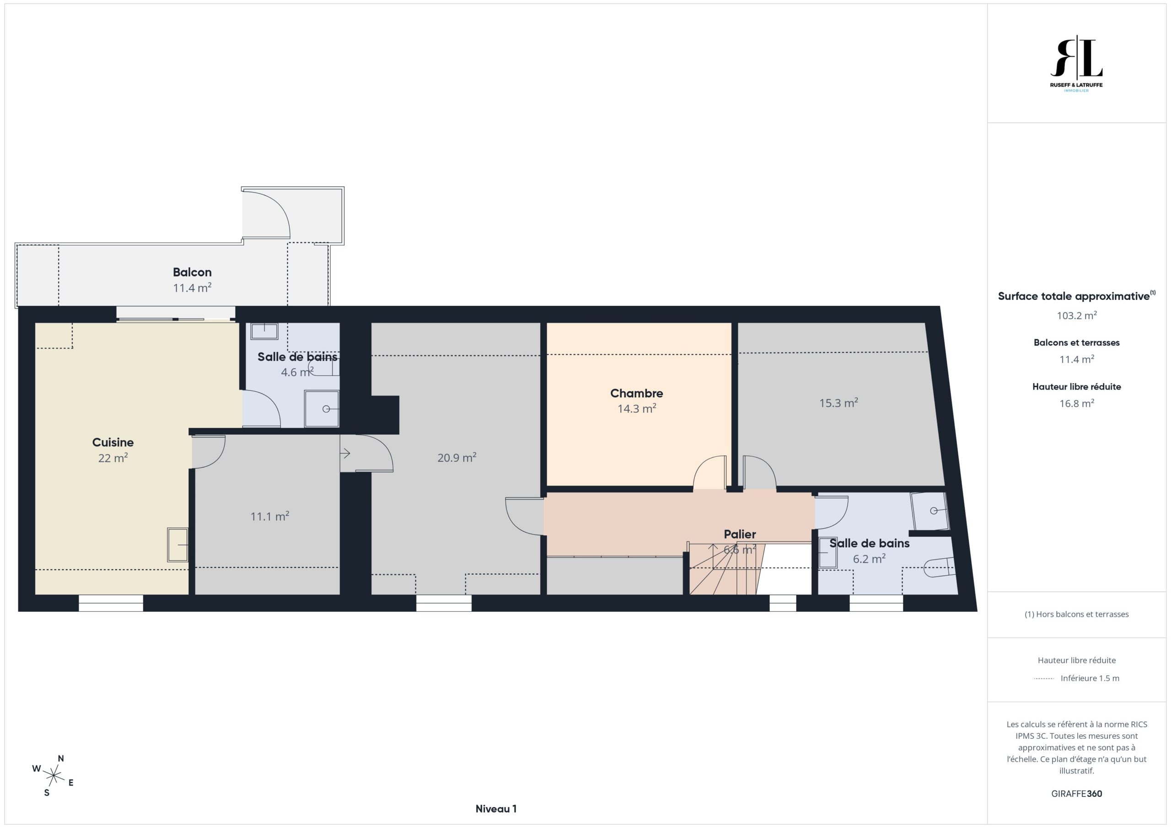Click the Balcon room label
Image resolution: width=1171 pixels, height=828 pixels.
192,272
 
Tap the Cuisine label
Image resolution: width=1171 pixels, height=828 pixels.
113,443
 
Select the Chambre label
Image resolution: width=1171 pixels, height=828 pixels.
636,393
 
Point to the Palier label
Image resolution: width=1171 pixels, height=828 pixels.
740,534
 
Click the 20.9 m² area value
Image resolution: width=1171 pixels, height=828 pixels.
457,457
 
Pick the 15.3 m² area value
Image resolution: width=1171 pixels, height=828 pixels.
838,403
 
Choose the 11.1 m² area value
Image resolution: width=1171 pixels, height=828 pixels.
269,516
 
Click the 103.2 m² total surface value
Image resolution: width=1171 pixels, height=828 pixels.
1077,315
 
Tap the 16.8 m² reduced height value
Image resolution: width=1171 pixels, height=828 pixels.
1077,403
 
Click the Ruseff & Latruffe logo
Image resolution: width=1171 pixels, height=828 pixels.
1076,64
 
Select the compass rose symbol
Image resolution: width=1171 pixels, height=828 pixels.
53,776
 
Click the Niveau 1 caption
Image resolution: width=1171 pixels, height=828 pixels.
496,809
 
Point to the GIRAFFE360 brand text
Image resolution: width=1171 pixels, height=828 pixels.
1077,793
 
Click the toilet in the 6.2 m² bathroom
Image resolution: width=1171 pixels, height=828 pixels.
939,567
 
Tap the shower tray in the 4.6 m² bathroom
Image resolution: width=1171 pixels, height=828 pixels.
321,408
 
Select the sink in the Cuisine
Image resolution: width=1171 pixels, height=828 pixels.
177,545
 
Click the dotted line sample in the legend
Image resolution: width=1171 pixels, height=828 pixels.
1044,678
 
